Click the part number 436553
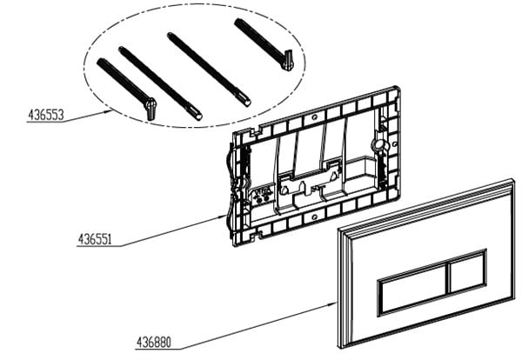[x=45, y=115]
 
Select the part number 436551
[x=95, y=239]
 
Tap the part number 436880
[x=154, y=342]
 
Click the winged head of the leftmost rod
[x=151, y=108]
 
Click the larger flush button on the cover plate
[x=413, y=290]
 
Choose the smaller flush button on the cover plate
[x=468, y=270]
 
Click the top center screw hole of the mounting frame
[x=314, y=117]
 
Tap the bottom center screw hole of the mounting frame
[x=314, y=217]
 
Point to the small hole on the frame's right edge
[x=394, y=144]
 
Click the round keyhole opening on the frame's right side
[x=378, y=144]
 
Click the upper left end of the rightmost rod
[x=237, y=21]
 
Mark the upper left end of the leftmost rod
[x=99, y=61]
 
